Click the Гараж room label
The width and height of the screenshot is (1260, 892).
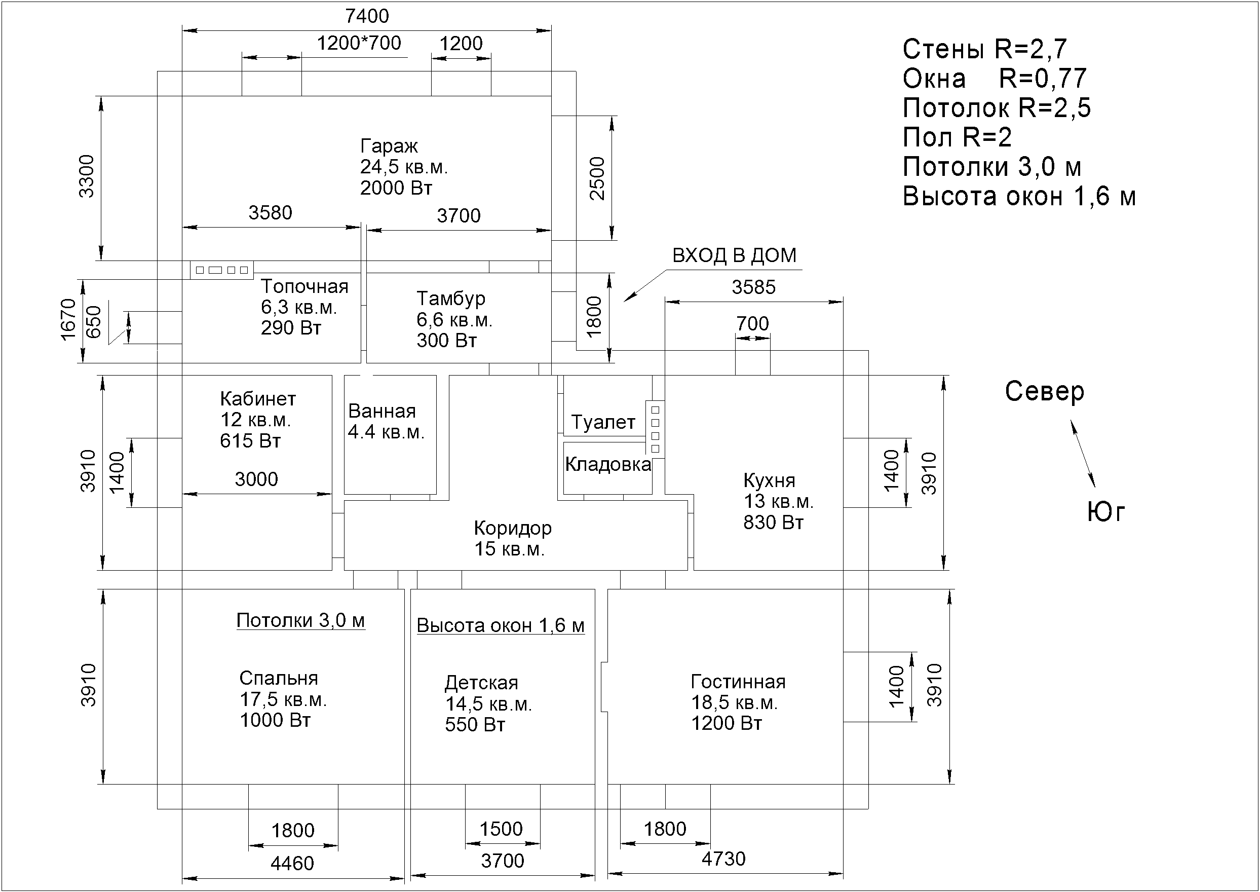click(389, 146)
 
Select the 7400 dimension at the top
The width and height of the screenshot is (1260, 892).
click(367, 16)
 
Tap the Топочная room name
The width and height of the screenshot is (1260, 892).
click(304, 286)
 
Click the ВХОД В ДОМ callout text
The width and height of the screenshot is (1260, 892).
click(734, 255)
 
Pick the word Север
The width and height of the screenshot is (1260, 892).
click(1044, 392)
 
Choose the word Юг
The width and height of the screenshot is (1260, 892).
click(1105, 512)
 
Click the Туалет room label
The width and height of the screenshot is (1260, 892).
click(603, 422)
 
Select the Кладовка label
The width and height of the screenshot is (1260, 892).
click(608, 465)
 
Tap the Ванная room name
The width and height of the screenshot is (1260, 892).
click(381, 411)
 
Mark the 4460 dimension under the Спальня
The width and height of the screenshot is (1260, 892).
click(292, 864)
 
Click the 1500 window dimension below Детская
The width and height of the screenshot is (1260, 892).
click(501, 829)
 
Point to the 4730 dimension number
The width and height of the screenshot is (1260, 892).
click(723, 859)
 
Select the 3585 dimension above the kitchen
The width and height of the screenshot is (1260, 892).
click(753, 287)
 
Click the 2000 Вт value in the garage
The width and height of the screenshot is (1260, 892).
click(396, 188)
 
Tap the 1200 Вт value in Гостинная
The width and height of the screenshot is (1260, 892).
click(727, 723)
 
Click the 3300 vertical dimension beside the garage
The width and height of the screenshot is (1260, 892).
click(87, 176)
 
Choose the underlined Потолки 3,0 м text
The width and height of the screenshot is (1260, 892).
click(300, 621)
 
